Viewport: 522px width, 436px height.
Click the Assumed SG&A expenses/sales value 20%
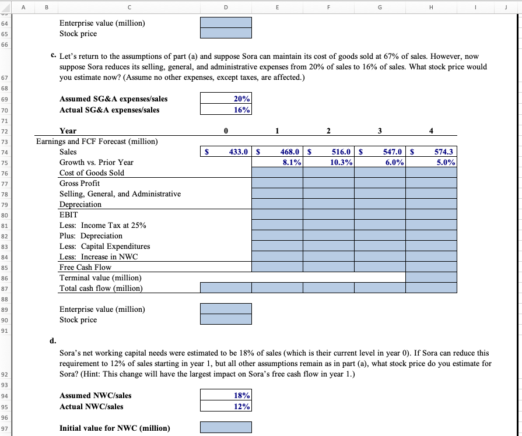(x=226, y=99)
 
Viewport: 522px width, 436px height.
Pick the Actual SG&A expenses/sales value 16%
(x=226, y=110)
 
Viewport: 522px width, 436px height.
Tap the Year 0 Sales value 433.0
(x=226, y=152)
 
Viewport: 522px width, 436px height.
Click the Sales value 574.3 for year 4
(x=432, y=152)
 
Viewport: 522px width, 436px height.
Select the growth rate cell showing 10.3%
(x=328, y=163)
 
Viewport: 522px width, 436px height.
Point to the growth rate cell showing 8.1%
(x=277, y=163)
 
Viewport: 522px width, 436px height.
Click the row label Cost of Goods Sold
(x=92, y=173)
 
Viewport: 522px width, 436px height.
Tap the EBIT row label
(x=69, y=215)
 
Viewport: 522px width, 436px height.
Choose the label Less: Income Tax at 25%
(x=103, y=226)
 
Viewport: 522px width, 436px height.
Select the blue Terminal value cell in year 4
(x=432, y=278)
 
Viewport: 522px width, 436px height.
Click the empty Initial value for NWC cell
(x=226, y=428)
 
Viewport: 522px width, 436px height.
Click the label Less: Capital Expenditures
(x=104, y=247)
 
